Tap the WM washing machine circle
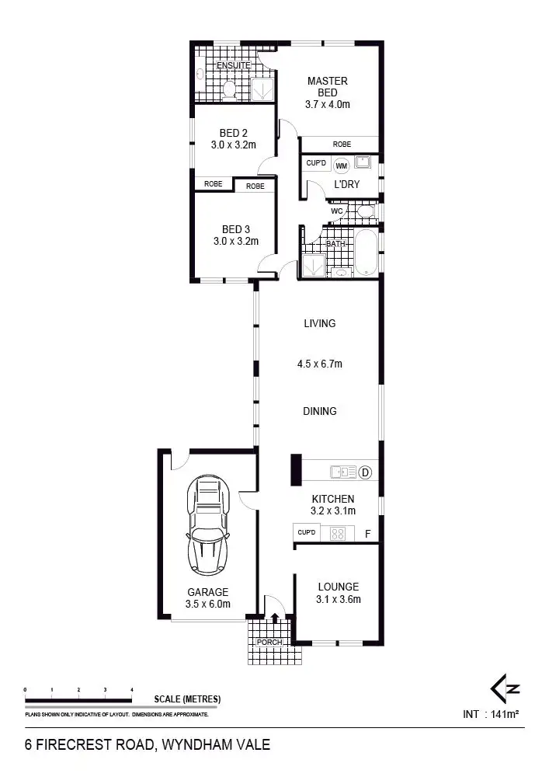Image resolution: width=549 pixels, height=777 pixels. click(x=341, y=165)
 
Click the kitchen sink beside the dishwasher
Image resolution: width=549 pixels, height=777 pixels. click(x=342, y=472)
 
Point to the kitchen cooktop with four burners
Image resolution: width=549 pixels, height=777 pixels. click(x=339, y=533)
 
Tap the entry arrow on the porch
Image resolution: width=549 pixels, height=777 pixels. click(x=274, y=618)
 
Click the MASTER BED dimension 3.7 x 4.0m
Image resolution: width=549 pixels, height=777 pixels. click(x=327, y=103)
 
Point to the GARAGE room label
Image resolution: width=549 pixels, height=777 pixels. click(x=207, y=591)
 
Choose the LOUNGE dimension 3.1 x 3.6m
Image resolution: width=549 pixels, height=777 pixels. click(x=338, y=599)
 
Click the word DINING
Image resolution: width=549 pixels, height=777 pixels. click(x=319, y=411)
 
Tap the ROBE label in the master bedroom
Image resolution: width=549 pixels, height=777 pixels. click(x=342, y=145)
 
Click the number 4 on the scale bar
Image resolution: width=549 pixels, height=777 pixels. click(x=132, y=689)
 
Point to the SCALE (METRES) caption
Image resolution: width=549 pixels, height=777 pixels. click(x=186, y=699)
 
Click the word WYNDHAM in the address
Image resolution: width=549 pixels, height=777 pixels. click(x=199, y=744)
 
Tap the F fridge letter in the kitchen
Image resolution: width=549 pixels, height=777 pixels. click(x=368, y=534)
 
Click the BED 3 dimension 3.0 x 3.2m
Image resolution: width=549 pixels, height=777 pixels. click(x=236, y=242)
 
